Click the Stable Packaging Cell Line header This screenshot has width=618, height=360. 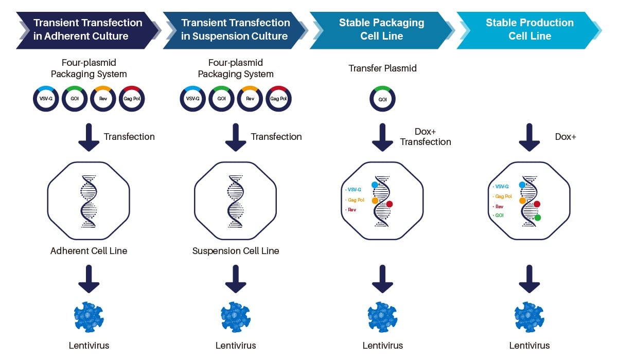click(381, 29)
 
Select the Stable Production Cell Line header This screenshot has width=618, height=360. click(529, 29)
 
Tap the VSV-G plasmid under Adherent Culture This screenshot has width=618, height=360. click(46, 98)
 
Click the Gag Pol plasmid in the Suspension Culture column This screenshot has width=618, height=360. click(278, 98)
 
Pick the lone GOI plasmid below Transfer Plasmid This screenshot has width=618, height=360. click(382, 98)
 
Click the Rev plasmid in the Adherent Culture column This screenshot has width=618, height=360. click(103, 98)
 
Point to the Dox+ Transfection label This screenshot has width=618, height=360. click(425, 137)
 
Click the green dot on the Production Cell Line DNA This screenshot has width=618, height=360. click(537, 218)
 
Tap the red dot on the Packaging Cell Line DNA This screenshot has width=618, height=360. click(389, 204)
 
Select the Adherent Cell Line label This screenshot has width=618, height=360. click(89, 251)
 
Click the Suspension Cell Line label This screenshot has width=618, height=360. click(236, 251)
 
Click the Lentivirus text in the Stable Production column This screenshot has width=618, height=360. click(529, 346)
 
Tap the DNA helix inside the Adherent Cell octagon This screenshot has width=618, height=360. click(89, 201)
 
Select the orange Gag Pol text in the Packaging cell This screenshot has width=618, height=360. click(356, 200)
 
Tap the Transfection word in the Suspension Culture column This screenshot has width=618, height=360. click(276, 137)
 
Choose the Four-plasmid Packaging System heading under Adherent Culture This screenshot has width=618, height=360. click(89, 68)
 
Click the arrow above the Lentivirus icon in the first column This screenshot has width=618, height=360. click(89, 279)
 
